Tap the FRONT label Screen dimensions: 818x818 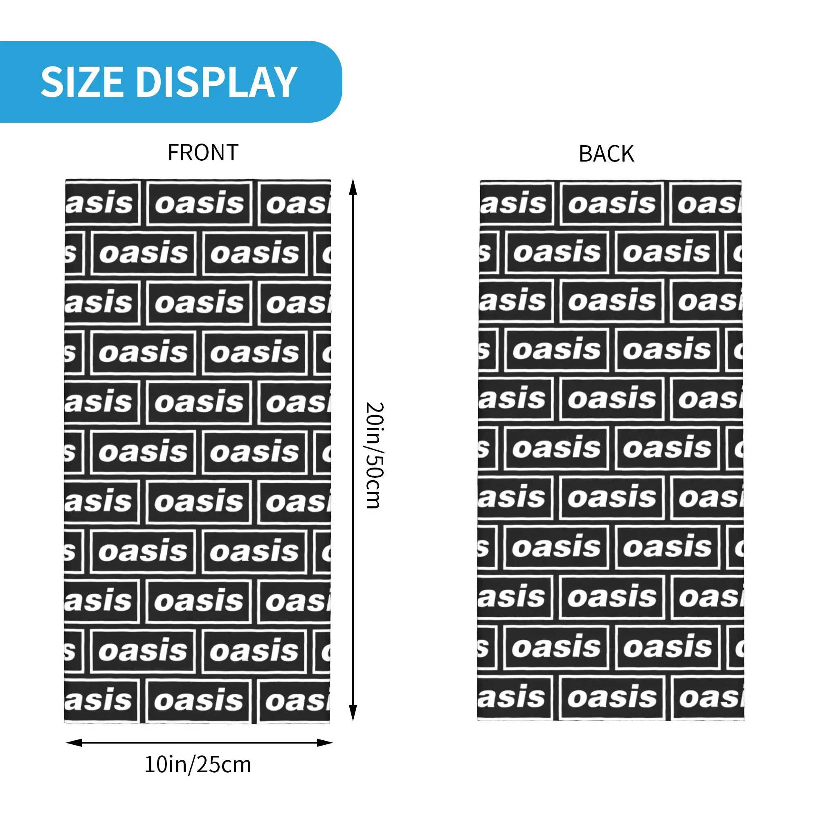(203, 153)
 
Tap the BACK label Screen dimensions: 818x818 (606, 154)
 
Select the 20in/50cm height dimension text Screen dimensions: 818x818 (374, 455)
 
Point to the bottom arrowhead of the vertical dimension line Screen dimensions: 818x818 (353, 713)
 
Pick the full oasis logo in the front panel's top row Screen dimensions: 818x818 (200, 204)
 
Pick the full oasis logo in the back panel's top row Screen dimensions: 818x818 (612, 204)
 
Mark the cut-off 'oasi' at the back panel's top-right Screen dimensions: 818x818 (706, 204)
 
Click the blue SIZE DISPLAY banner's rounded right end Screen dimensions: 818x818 (326, 82)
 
